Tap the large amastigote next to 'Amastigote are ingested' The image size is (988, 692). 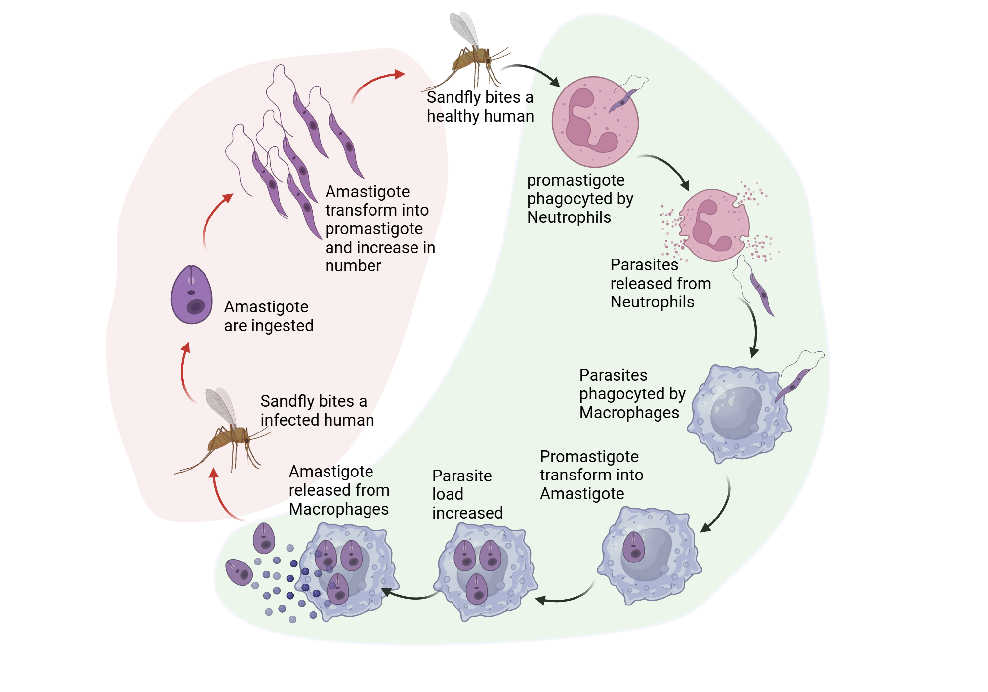click(x=192, y=295)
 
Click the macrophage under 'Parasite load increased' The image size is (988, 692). click(x=485, y=571)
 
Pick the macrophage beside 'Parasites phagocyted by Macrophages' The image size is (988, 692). click(x=739, y=413)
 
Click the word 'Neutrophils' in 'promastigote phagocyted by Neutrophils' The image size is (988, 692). click(x=569, y=217)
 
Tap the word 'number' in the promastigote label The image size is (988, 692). click(x=353, y=266)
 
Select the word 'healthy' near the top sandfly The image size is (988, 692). click(x=453, y=116)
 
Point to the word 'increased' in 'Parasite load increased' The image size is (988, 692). click(x=467, y=513)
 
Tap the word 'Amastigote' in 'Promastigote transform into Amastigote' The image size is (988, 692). click(x=581, y=494)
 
